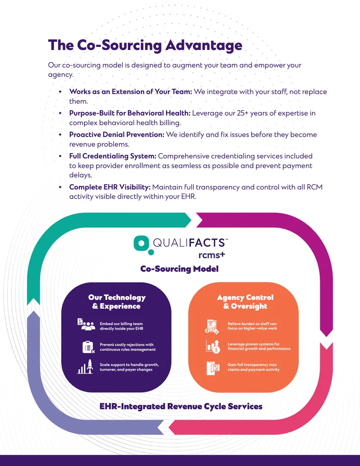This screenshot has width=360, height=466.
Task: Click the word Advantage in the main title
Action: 204,45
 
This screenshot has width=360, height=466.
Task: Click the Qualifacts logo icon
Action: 142,245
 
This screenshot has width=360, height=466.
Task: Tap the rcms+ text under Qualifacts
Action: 211,255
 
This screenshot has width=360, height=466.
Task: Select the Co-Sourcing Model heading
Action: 180,269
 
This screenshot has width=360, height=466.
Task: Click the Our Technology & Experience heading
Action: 117,302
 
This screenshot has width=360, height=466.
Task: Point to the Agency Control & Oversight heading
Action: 245,302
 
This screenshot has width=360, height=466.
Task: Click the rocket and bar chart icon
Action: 85,366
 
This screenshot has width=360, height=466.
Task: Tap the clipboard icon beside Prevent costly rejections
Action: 88,347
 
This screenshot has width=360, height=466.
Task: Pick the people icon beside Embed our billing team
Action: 86,325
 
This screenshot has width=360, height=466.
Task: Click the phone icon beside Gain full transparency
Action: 213,368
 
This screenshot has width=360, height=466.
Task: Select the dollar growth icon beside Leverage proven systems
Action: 213,347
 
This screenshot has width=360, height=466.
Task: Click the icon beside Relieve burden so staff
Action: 212,326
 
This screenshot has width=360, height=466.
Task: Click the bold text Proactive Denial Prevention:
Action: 117,135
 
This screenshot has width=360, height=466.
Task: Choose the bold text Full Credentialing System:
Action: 113,156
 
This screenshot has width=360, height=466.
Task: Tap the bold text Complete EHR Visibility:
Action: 110,187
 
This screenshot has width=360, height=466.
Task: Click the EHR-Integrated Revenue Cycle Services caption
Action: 181,406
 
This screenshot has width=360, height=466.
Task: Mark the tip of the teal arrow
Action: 192,220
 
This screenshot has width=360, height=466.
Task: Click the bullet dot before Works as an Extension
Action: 60,92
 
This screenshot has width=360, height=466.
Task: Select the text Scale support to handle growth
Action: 129,365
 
